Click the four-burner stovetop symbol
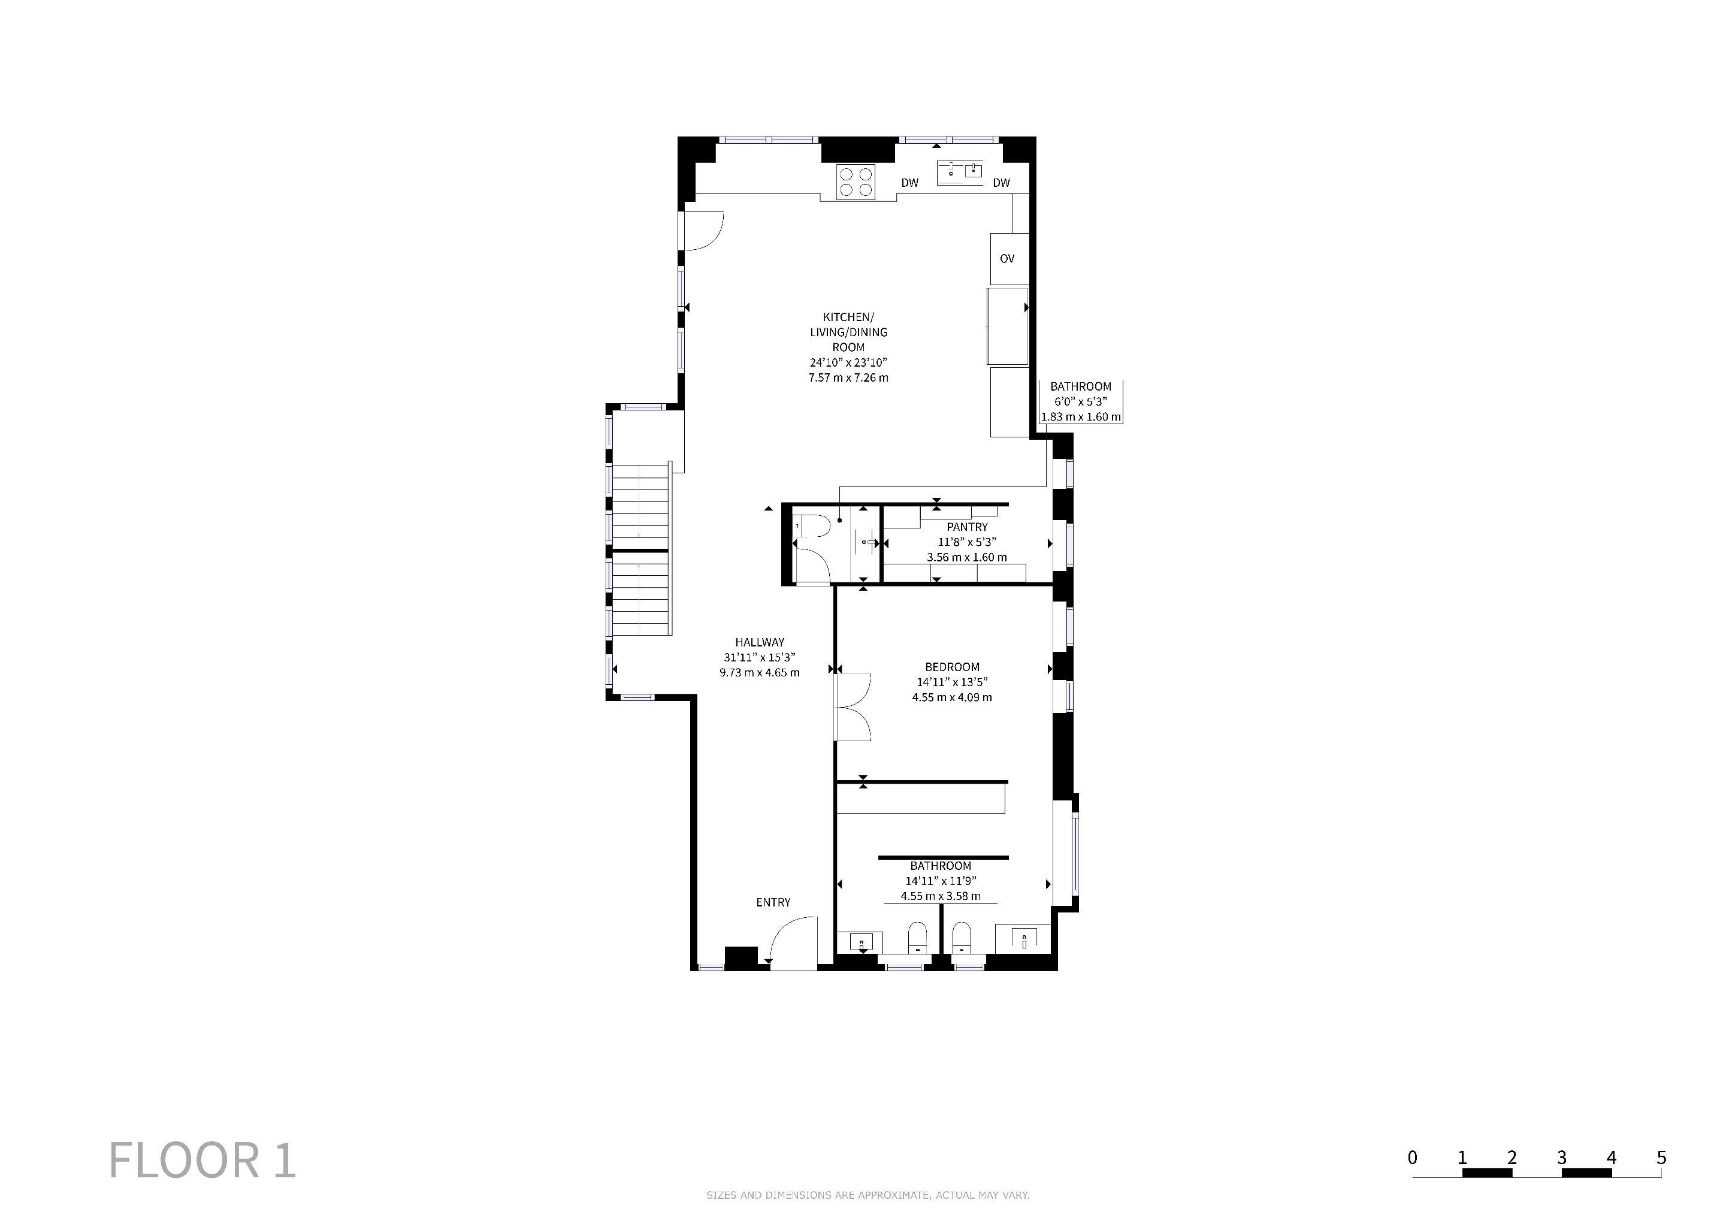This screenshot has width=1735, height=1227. [856, 182]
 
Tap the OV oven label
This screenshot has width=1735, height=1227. [1006, 258]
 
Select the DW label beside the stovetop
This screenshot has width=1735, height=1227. [910, 183]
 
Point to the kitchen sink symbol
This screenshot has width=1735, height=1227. [960, 173]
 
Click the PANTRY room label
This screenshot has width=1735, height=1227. [967, 527]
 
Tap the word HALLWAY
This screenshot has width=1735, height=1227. [760, 642]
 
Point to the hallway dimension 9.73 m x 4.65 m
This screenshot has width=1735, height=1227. [760, 672]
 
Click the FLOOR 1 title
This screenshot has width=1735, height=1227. [202, 1160]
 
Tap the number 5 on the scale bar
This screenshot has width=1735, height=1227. [1661, 1158]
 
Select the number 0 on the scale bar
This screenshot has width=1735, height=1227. [1412, 1158]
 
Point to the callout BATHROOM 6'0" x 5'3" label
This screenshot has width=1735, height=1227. [1081, 401]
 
